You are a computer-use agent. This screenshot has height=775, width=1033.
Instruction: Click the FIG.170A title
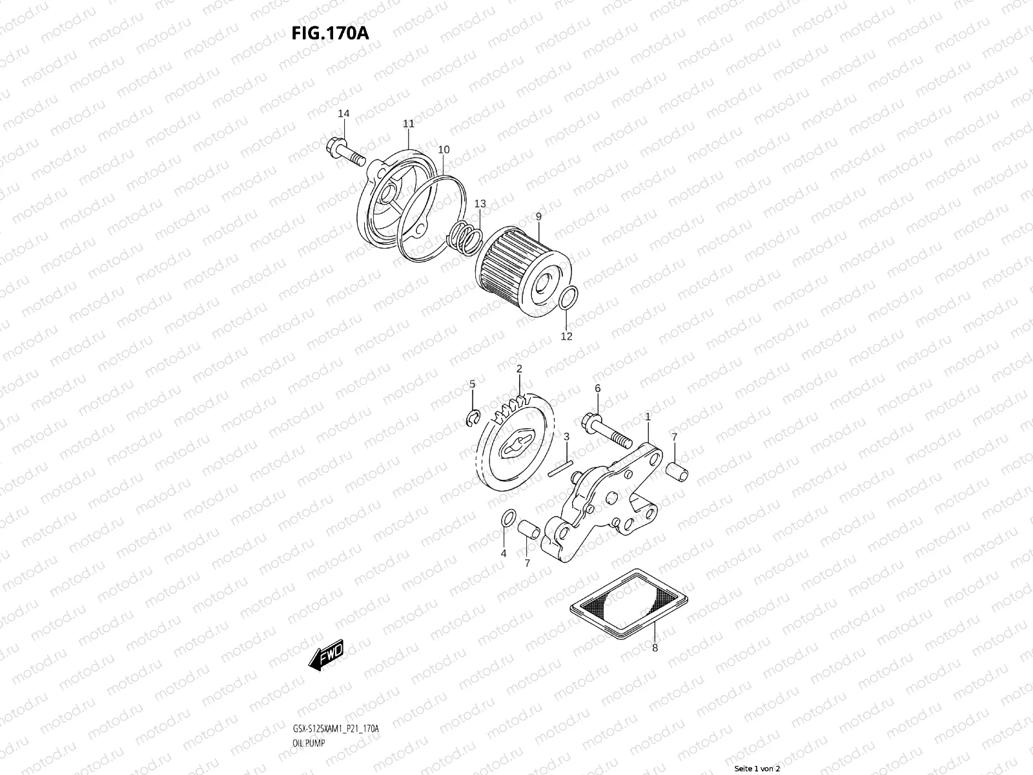point(330,34)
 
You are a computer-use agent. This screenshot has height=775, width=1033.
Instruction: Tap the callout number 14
point(343,114)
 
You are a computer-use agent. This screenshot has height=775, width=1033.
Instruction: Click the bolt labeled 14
point(346,151)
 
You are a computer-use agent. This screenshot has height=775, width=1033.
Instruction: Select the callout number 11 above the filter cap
point(408,123)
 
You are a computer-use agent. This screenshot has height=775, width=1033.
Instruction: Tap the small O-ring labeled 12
point(566,299)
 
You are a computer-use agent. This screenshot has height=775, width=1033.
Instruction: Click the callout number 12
point(566,336)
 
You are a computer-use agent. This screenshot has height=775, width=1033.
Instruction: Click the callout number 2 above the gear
point(518,369)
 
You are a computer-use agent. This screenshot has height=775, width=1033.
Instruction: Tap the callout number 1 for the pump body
point(648,417)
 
